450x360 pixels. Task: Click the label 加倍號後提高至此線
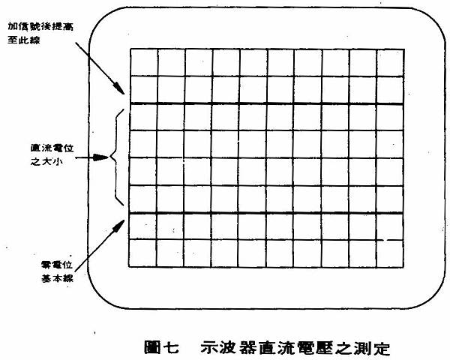tap(40, 33)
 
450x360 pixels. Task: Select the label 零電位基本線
tap(57, 271)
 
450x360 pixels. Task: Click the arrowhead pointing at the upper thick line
tap(119, 88)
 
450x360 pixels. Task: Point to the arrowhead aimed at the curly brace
tap(101, 157)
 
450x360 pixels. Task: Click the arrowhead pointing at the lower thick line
tap(118, 225)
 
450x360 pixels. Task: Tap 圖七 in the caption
tap(161, 348)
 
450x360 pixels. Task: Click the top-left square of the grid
tap(144, 62)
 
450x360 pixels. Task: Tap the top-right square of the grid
tap(391, 63)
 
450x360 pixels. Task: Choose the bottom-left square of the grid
tap(142, 253)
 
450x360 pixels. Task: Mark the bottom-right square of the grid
tap(389, 253)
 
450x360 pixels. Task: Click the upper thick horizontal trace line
tap(267, 103)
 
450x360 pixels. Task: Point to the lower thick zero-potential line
tap(266, 213)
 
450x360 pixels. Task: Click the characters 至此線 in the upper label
tap(23, 40)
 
